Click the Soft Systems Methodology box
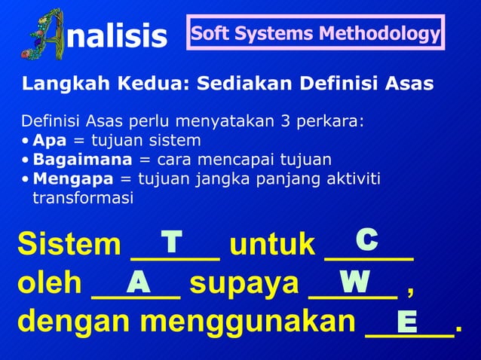click(315, 34)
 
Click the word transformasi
click(82, 198)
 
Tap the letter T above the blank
click(172, 242)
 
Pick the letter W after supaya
click(354, 282)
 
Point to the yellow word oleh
click(50, 284)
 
